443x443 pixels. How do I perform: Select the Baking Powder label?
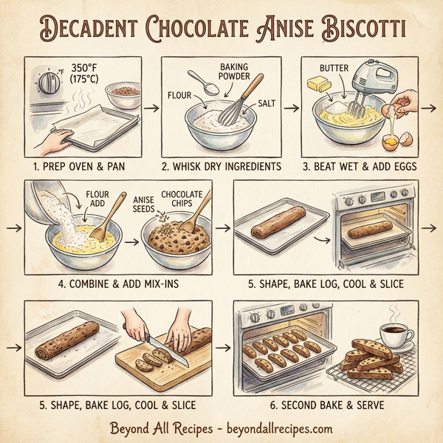pyautogui.click(x=238, y=72)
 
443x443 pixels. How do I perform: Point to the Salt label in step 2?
pyautogui.click(x=264, y=106)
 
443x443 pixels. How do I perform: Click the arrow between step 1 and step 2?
pyautogui.click(x=151, y=108)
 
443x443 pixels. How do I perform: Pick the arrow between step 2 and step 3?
pyautogui.click(x=290, y=108)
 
